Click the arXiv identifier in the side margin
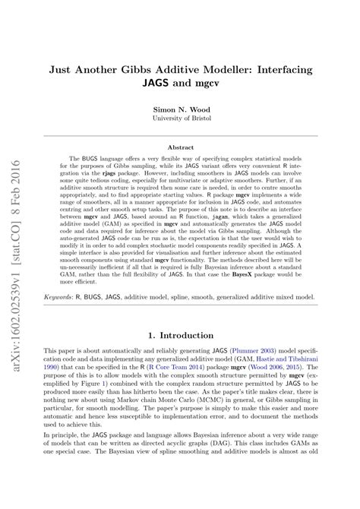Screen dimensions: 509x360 coord(16,228)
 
